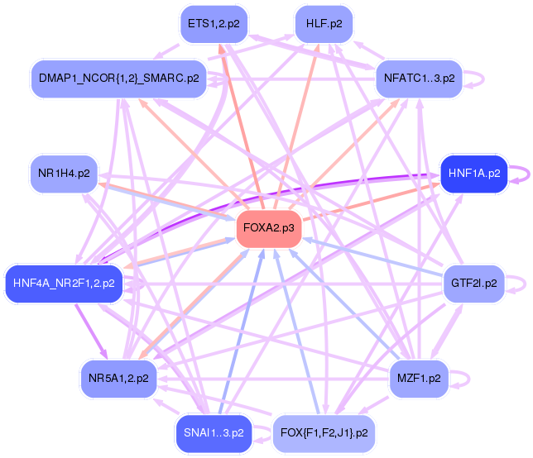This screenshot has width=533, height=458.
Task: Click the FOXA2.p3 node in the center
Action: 269,228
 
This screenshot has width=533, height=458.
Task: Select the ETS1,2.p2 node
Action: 214,24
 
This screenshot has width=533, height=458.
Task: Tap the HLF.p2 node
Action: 324,24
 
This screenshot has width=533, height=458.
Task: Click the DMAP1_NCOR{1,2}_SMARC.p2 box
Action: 119,79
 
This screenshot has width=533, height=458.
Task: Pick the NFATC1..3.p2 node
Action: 419,79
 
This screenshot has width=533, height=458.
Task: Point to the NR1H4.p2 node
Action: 64,174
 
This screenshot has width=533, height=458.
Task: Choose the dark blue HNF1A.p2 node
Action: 474,174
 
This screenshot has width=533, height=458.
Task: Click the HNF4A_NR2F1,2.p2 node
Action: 64,284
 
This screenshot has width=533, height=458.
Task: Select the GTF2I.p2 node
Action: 474,284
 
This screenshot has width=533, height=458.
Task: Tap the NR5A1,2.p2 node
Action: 118,378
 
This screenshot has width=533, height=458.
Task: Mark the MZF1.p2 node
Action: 419,378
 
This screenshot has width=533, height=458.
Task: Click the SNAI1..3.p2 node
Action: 214,433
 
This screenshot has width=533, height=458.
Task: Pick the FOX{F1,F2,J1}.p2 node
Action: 324,433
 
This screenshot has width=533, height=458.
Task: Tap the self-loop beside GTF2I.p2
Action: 515,284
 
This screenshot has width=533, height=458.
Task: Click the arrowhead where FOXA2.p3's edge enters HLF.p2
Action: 317,47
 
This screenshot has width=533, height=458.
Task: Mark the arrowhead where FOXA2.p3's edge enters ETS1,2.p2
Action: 221,48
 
